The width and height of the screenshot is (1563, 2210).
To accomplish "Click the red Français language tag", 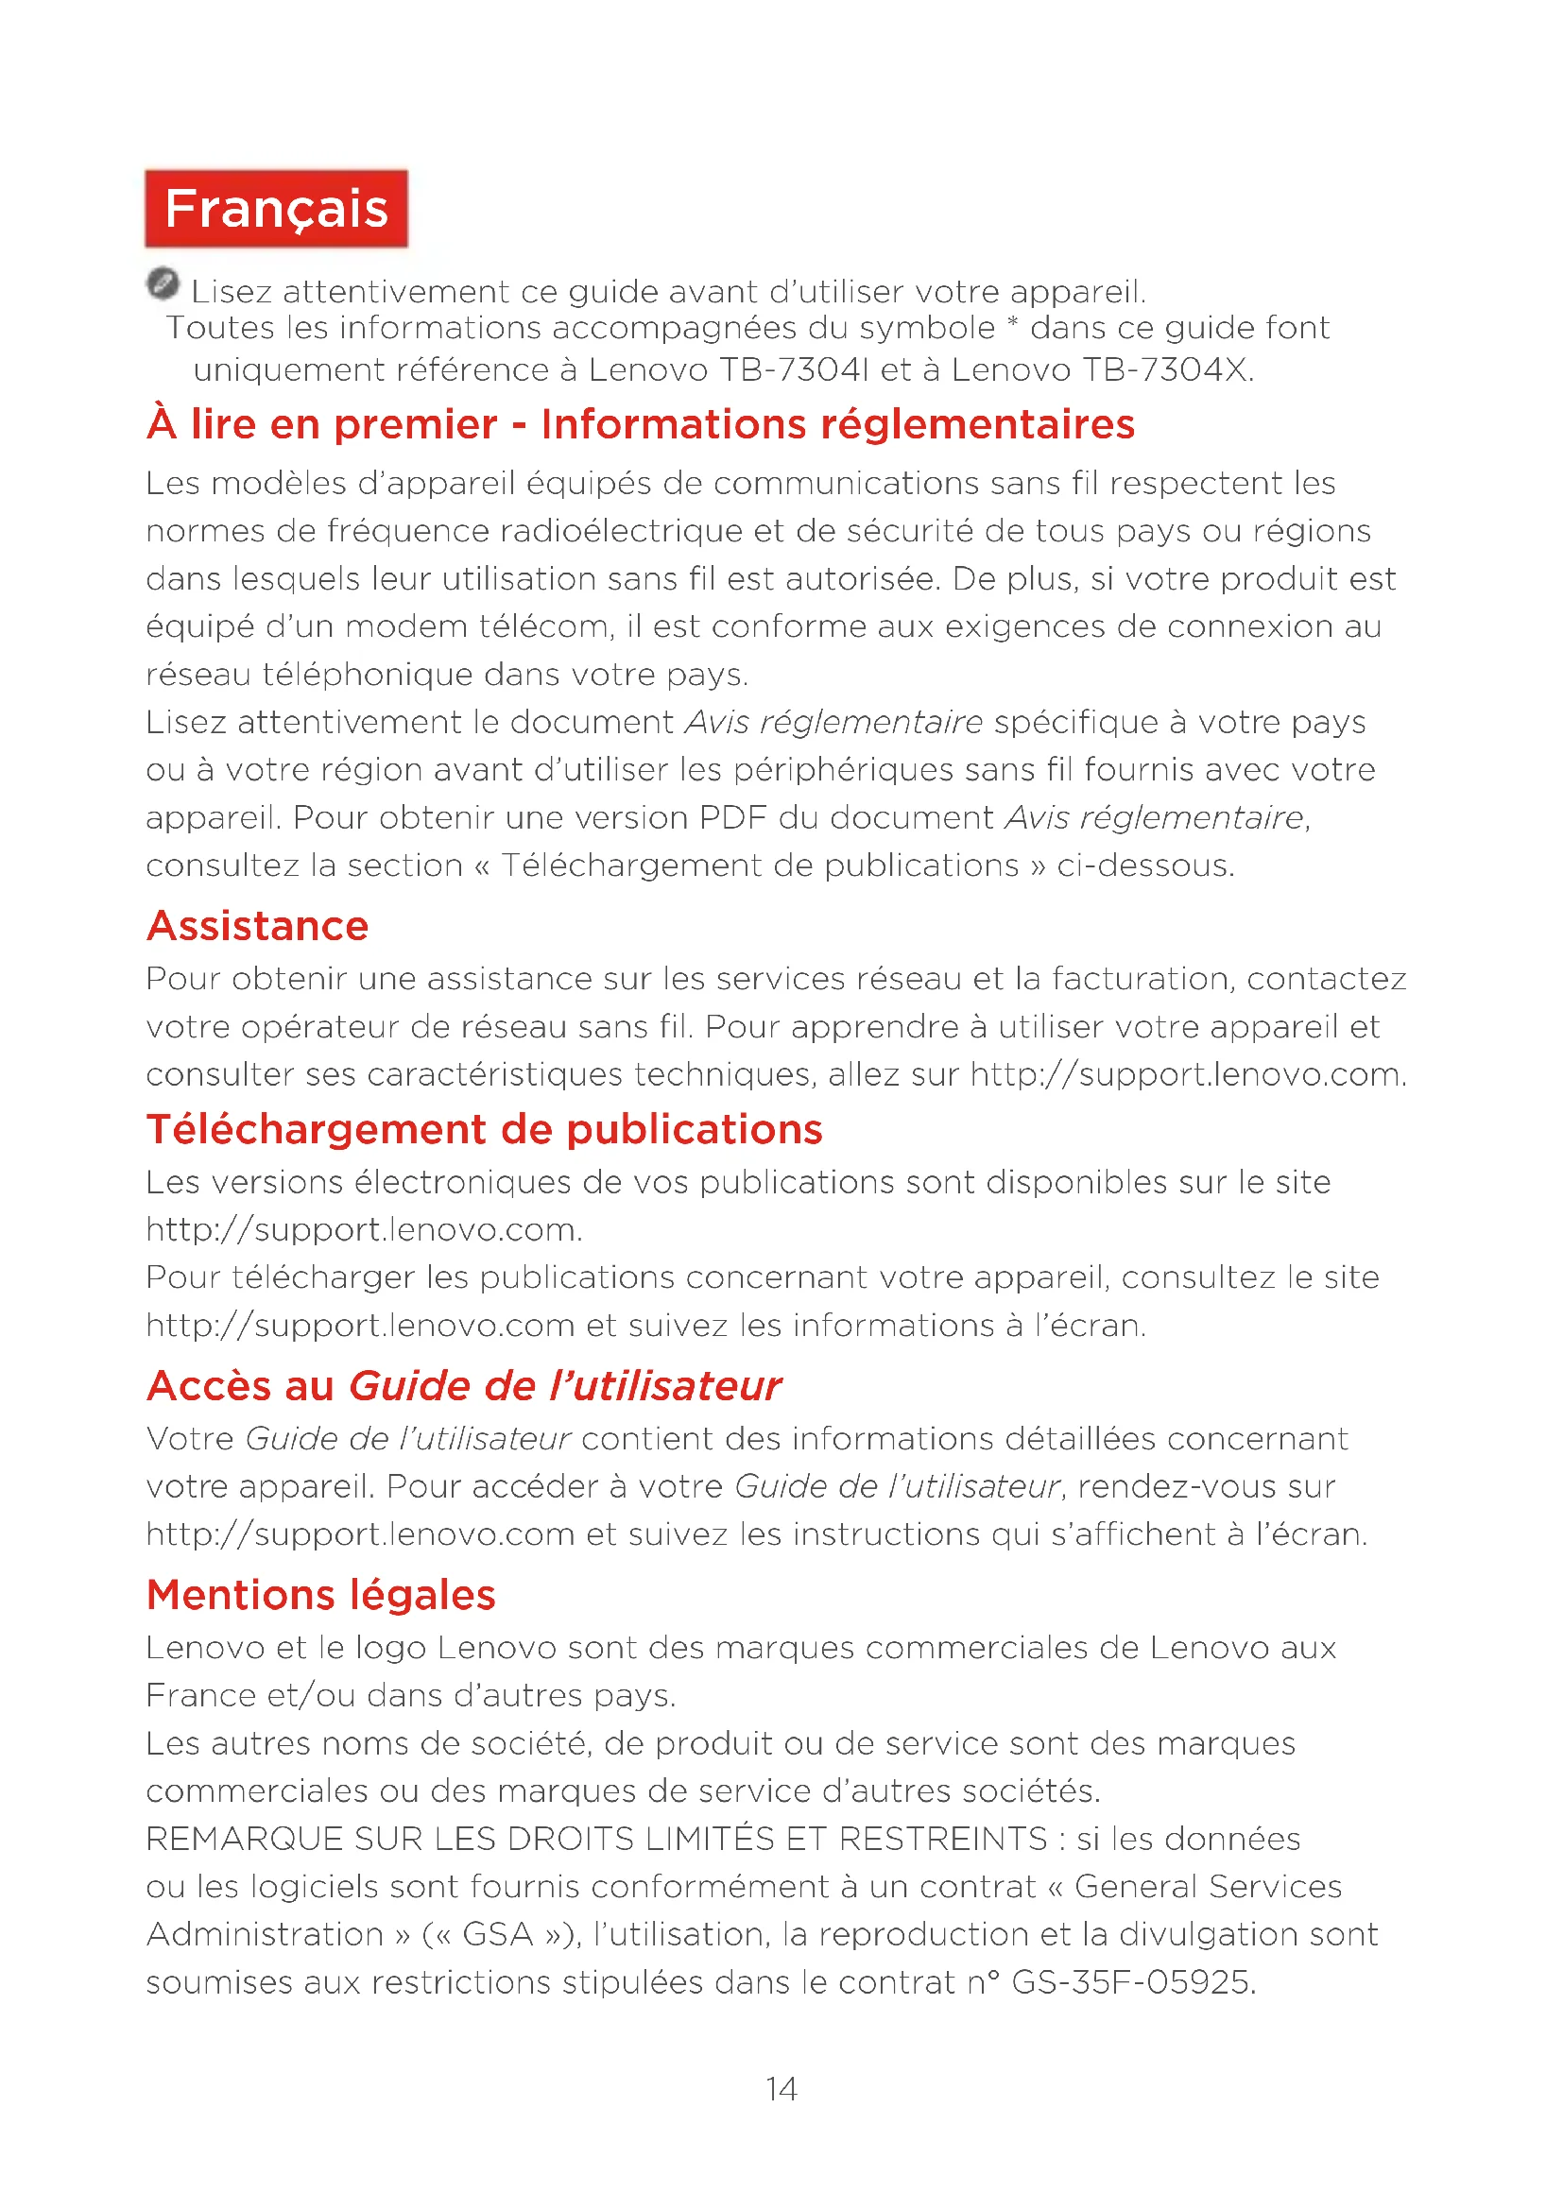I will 276,209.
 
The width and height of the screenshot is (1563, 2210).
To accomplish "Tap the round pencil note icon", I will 163,284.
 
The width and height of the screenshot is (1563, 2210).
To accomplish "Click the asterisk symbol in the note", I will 1011,325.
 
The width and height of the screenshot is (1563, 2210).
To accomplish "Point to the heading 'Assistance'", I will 257,926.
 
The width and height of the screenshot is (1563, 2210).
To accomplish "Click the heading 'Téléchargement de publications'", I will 484,1129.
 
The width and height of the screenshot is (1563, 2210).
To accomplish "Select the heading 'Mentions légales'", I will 320,1595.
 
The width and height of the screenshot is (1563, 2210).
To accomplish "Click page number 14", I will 781,2089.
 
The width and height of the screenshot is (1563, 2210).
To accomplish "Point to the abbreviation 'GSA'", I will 498,1935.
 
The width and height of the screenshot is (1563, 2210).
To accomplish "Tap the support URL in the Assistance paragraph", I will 1186,1074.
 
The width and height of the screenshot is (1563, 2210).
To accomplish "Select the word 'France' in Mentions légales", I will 200,1695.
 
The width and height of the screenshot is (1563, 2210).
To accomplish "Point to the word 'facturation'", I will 1140,979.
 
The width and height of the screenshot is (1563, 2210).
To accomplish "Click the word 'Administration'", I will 265,1935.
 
